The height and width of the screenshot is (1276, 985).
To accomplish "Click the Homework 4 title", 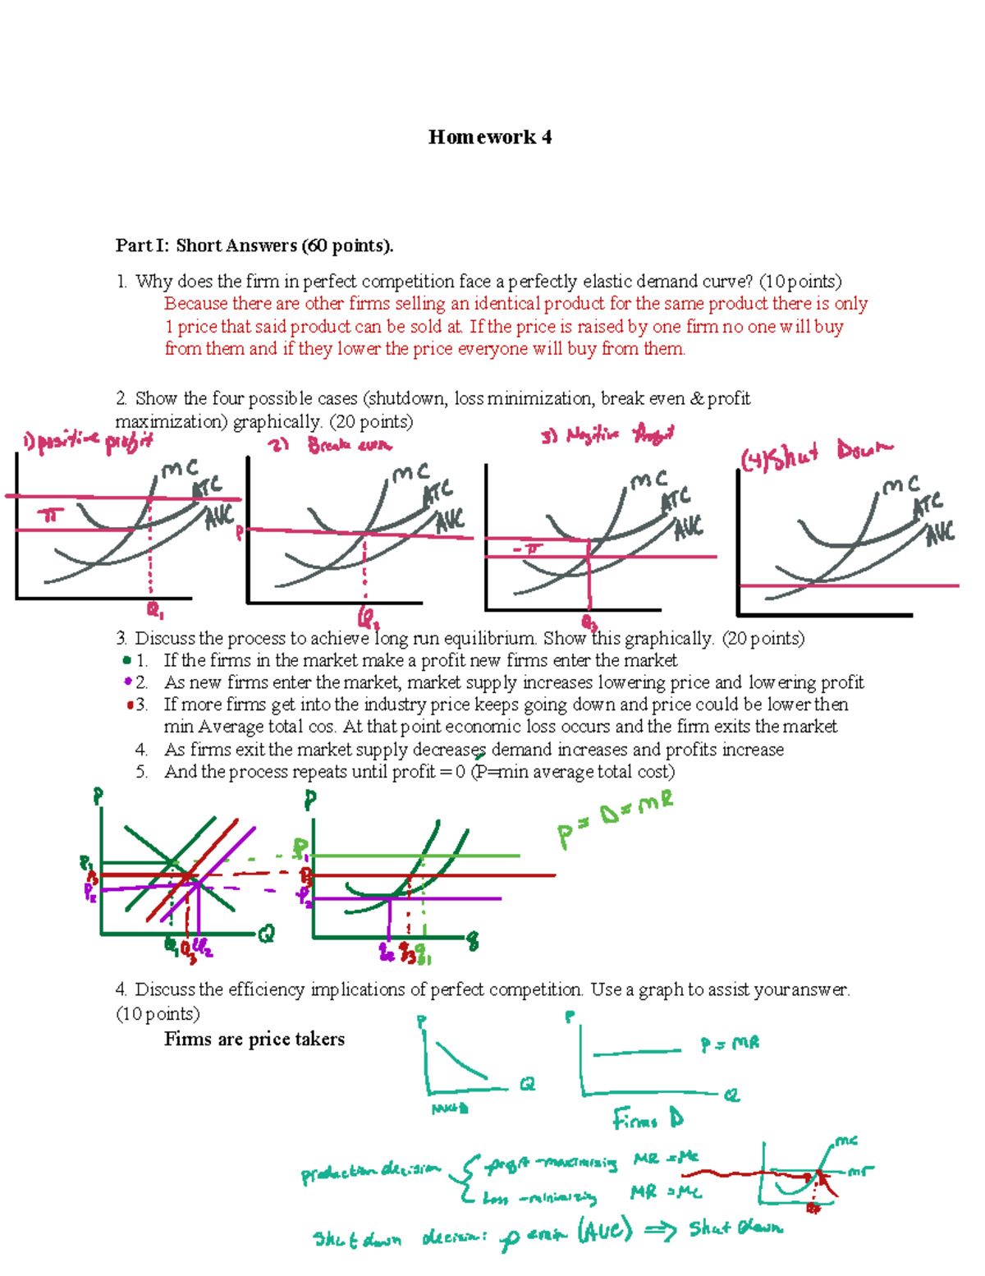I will click(489, 137).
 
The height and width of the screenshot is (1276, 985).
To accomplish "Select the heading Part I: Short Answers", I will click(254, 246).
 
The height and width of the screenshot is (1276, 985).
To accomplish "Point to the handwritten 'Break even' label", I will click(350, 445).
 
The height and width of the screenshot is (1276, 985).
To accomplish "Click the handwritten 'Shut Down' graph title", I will click(818, 453).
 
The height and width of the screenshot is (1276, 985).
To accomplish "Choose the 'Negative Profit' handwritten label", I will click(607, 434).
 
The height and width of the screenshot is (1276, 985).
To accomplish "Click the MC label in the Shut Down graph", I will click(900, 485).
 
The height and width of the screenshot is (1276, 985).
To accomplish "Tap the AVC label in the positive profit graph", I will click(219, 517).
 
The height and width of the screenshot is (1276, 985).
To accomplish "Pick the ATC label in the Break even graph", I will click(438, 494).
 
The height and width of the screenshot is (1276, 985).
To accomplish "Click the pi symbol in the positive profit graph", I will click(51, 516).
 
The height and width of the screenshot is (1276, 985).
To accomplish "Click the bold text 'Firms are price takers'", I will click(254, 1040).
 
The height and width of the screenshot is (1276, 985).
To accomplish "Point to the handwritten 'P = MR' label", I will click(730, 1044).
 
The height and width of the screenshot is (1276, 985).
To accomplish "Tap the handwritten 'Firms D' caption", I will click(648, 1119).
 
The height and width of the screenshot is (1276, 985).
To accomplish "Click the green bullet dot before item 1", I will click(126, 660).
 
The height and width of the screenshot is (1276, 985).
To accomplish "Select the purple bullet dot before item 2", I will click(127, 682).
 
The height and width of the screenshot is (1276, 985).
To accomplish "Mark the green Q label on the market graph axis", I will click(266, 934).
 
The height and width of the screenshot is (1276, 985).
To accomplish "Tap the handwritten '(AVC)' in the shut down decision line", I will click(605, 1231).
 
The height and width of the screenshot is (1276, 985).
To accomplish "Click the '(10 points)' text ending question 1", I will click(800, 282).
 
